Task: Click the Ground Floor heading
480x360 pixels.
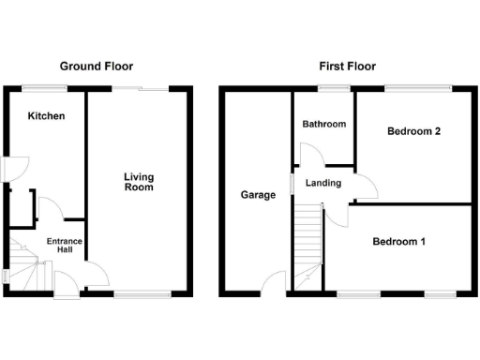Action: pos(97,67)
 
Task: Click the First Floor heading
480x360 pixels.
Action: pos(346,67)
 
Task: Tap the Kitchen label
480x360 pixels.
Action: pos(46,116)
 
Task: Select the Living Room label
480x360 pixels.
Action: pos(139,182)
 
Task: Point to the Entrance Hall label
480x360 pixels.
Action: pos(66,245)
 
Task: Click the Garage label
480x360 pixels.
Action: pos(258,195)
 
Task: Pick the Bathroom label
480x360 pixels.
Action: pos(323,125)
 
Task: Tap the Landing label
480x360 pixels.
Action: pos(323,183)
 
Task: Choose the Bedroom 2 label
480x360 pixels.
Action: pos(413,132)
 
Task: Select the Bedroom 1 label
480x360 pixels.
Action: pos(399,242)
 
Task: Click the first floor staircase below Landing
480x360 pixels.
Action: pos(307,234)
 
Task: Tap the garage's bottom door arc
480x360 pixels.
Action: pos(274,281)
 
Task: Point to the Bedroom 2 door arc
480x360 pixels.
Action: pos(367,187)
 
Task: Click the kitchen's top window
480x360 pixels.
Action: pos(45,89)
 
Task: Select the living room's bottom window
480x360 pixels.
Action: pos(142,293)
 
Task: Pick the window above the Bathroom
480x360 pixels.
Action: pos(333,89)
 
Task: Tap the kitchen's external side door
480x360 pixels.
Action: pos(6,167)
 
